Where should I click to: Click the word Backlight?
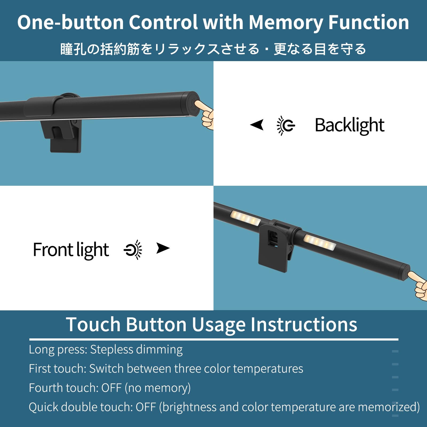point(350,125)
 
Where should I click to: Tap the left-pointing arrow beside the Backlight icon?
point(257,125)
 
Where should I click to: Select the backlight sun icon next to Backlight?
point(286,125)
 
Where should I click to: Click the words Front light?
point(71,250)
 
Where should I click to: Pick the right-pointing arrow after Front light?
point(163,248)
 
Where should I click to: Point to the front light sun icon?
point(133,250)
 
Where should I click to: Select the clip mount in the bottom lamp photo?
point(276,246)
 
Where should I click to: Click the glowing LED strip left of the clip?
point(246,218)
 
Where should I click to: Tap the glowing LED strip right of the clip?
point(320,242)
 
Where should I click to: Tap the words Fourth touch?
point(64,388)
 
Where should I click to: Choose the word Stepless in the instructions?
point(112,350)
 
